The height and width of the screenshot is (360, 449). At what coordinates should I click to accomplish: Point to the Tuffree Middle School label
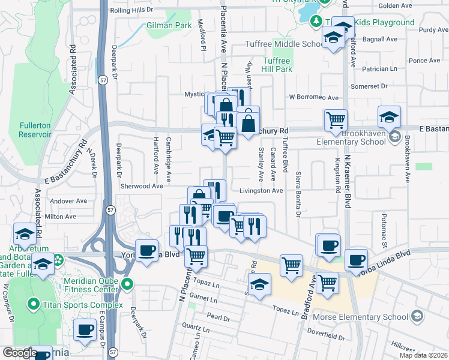click(285, 44)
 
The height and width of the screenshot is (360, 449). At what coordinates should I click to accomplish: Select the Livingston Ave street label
click(261, 191)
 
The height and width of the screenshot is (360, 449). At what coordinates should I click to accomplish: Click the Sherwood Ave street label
click(142, 186)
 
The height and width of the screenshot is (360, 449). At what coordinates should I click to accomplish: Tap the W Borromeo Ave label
click(313, 97)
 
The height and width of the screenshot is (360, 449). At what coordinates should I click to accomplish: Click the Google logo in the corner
click(20, 353)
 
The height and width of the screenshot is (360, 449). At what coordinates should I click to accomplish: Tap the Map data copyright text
click(423, 355)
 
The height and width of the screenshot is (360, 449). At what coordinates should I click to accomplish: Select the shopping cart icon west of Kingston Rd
click(336, 119)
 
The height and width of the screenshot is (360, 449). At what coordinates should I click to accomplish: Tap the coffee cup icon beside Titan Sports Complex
click(85, 329)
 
